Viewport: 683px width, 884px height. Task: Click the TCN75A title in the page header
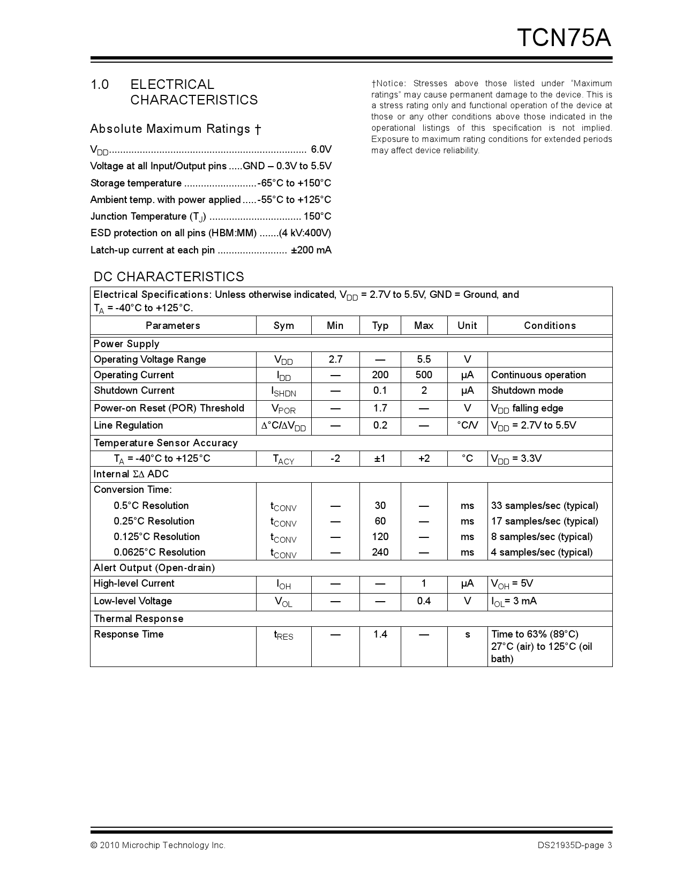coord(564,38)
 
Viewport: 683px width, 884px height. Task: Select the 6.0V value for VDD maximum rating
coord(321,149)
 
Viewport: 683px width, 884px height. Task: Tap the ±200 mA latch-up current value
coord(311,250)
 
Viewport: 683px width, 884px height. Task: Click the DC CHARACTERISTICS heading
coord(169,276)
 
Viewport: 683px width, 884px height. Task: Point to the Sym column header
coord(283,326)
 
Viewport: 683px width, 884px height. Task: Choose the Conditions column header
coord(550,326)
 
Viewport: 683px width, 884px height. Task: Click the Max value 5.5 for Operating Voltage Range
coord(424,359)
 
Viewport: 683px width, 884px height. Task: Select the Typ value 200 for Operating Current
coord(380,375)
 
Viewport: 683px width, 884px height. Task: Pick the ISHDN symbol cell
coord(283,392)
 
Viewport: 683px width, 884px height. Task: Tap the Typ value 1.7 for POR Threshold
coord(380,408)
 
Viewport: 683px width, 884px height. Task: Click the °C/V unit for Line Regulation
coord(467,425)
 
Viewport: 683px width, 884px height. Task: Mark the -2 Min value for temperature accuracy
coord(335,459)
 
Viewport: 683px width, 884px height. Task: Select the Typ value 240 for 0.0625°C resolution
coord(380,552)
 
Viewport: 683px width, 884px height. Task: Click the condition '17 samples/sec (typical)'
coord(544,521)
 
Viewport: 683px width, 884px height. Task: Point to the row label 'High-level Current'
coord(134,583)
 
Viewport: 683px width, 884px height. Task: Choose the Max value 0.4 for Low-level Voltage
coord(424,601)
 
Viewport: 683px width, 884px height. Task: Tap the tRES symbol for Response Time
coord(283,635)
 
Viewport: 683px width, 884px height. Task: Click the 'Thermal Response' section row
coord(138,619)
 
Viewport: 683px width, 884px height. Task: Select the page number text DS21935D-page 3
coord(575,845)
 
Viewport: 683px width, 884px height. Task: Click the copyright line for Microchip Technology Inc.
coord(158,845)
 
